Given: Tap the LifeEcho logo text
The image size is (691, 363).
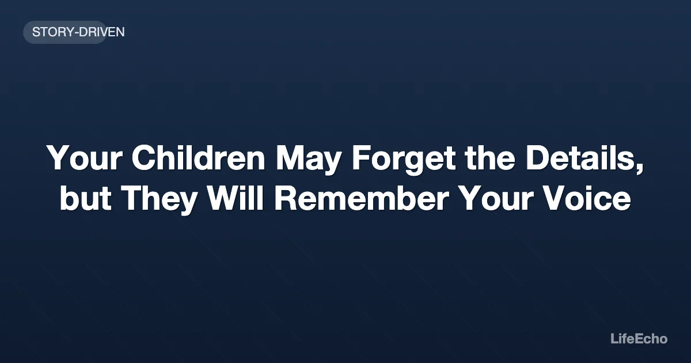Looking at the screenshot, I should pos(639,339).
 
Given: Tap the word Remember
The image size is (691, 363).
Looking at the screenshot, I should pos(362,199).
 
